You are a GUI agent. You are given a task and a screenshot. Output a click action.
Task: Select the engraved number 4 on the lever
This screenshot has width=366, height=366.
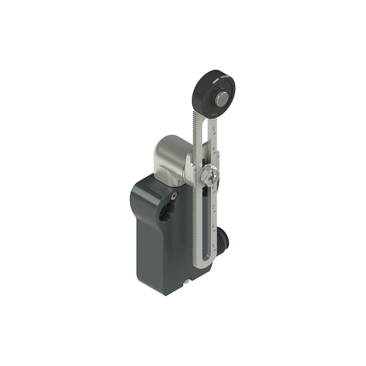213,149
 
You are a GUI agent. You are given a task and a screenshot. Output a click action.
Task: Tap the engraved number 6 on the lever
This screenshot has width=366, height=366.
213,187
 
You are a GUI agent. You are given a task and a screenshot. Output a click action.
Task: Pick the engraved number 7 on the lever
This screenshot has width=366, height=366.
213,207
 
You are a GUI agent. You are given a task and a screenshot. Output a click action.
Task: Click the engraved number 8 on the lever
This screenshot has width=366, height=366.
213,227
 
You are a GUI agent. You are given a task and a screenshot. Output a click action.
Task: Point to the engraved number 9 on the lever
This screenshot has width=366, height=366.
213,246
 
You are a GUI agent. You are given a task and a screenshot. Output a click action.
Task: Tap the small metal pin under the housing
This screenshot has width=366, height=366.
188,281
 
